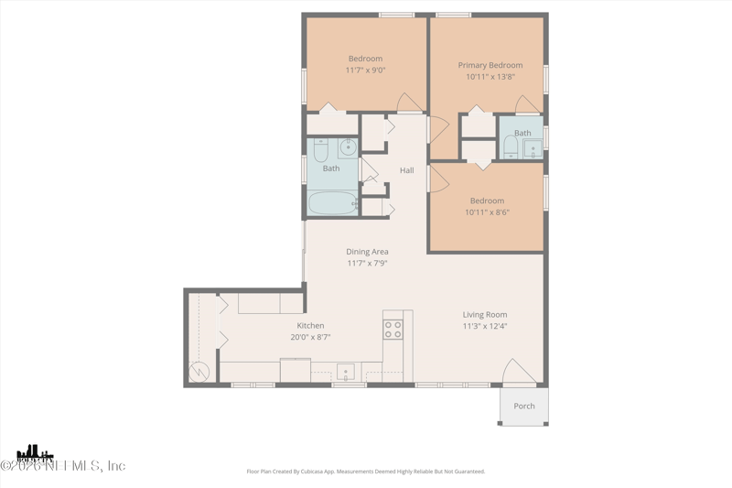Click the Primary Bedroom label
tap(490, 65)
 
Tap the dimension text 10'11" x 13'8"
tap(490, 77)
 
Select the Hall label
tap(406, 170)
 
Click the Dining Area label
tap(367, 252)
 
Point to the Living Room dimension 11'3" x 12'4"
tap(484, 326)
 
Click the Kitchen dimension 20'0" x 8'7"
tap(310, 337)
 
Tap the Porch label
tap(523, 407)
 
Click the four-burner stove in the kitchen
tap(393, 330)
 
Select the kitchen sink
tap(347, 372)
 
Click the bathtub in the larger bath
tap(332, 203)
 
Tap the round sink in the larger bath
tap(348, 146)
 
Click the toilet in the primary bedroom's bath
tap(510, 147)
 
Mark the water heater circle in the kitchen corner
tap(199, 371)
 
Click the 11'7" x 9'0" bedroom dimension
tap(364, 70)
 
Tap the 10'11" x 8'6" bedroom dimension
tap(487, 212)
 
